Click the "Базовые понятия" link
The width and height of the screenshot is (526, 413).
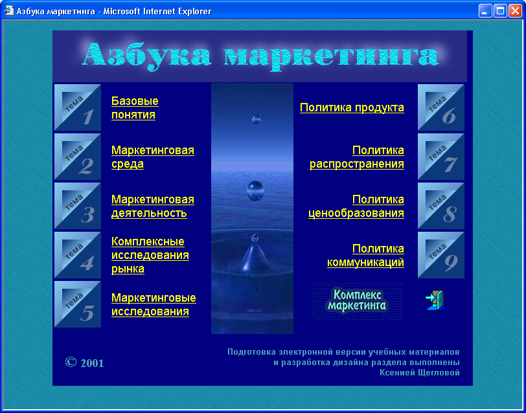coord(135,108)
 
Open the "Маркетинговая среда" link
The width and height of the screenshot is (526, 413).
coord(153,157)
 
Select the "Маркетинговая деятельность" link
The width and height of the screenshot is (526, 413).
coord(153,206)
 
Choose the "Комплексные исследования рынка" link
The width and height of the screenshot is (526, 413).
coord(150,255)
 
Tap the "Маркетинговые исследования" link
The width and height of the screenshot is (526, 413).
coord(154,305)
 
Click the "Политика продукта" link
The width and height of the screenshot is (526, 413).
coord(352,108)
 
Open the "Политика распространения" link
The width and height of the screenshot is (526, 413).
coord(356,157)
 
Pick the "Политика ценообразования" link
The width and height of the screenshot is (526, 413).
coord(356,206)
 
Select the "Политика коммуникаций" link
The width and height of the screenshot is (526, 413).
coord(365,256)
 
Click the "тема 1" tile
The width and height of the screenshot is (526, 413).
coord(78,107)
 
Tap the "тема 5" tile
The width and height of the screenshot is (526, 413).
coord(78,304)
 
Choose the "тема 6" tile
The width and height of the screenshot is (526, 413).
coord(440,107)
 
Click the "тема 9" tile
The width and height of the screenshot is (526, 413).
coord(440,255)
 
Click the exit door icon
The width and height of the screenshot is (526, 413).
coord(435,300)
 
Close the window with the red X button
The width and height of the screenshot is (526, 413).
coord(515,11)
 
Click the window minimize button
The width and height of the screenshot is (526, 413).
coord(485,11)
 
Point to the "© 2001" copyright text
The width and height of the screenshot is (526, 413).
coord(84,363)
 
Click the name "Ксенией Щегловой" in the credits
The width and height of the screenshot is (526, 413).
coord(420,372)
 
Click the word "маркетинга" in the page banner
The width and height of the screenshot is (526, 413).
coord(331,56)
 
